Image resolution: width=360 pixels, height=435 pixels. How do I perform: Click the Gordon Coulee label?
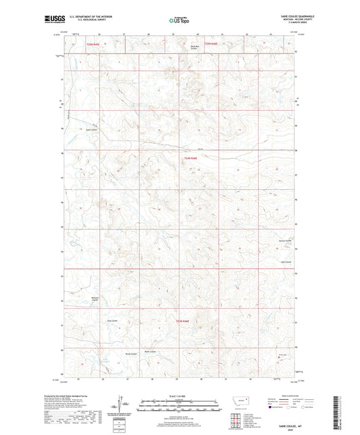[285, 240]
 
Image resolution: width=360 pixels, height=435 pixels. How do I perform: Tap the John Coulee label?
[284, 253]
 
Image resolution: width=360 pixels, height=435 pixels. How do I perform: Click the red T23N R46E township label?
[184, 320]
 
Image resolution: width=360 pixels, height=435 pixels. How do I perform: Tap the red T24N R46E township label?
[190, 158]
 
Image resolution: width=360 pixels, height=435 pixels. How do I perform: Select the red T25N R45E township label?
[93, 43]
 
